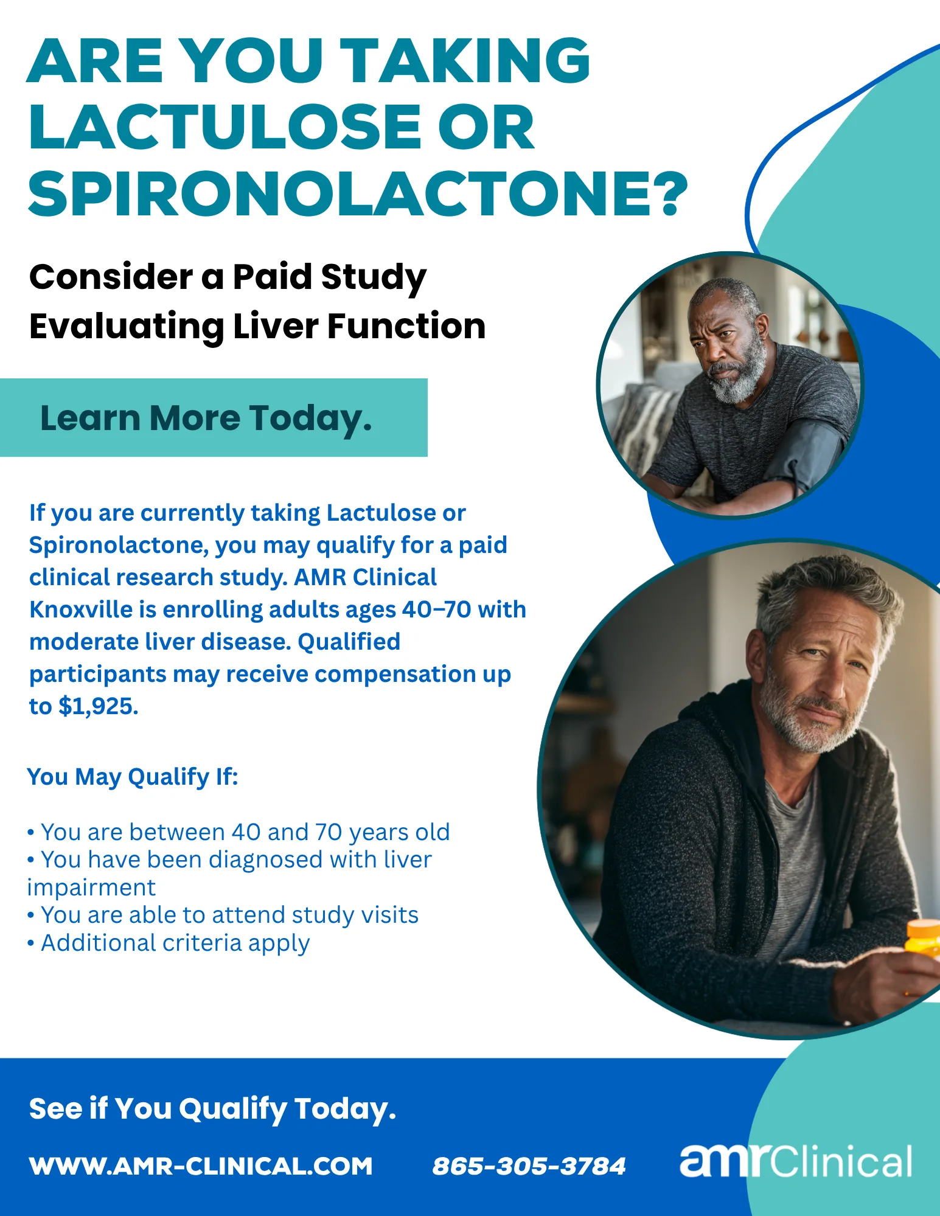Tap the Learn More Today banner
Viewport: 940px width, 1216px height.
(x=214, y=417)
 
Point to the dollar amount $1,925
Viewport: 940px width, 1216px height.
(x=98, y=706)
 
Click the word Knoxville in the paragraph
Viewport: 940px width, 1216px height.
(x=81, y=610)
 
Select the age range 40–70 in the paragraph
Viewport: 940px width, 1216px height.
(x=436, y=610)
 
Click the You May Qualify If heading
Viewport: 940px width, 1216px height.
(x=133, y=777)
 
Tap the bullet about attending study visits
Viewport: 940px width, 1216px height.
(x=223, y=915)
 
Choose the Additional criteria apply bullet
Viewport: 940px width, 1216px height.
(x=169, y=943)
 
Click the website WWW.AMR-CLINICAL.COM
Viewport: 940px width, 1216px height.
(x=201, y=1166)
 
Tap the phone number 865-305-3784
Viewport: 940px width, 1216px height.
(x=529, y=1166)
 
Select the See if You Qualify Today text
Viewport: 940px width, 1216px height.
(x=212, y=1109)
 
